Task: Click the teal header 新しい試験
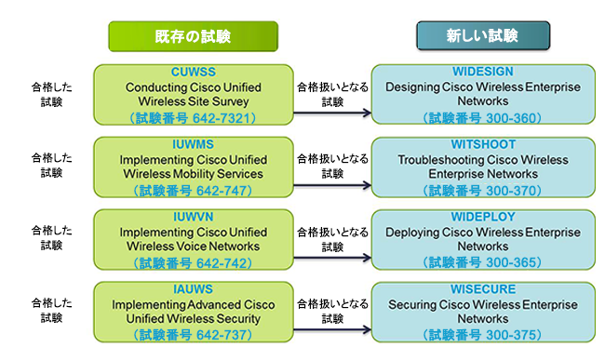click(483, 36)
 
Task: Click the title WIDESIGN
click(483, 71)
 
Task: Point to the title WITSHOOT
click(483, 144)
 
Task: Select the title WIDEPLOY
click(483, 217)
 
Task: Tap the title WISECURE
click(483, 290)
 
